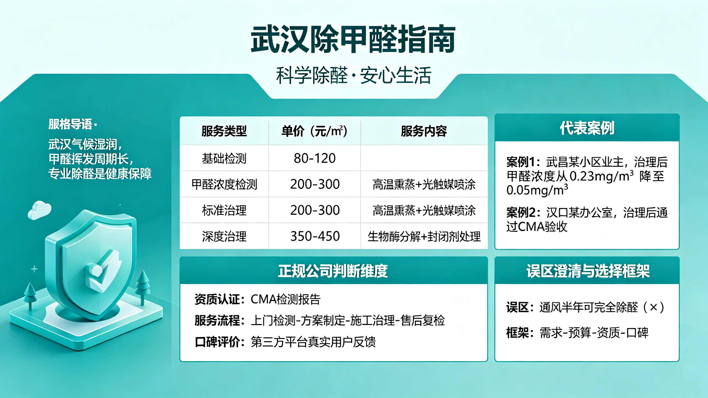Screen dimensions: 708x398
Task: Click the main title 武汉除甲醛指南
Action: tap(353, 40)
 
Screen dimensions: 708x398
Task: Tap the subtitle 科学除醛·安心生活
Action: tap(353, 75)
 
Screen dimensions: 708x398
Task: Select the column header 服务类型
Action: tap(224, 131)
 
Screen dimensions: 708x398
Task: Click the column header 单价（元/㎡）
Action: tap(314, 131)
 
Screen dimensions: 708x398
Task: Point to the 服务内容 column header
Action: tap(424, 131)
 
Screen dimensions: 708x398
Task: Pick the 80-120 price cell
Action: tap(315, 158)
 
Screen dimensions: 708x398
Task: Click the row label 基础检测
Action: tap(224, 158)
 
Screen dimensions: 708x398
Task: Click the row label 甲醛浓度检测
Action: tap(224, 184)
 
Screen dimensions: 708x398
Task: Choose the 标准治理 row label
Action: tap(224, 210)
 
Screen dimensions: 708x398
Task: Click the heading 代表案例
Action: tap(587, 128)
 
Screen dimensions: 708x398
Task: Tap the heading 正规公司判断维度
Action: tap(333, 271)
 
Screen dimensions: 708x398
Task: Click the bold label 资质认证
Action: tap(217, 299)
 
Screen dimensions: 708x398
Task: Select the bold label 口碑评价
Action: tap(217, 342)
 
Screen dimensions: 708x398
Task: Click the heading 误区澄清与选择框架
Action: tap(588, 271)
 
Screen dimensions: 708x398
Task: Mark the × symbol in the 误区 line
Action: tap(653, 307)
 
